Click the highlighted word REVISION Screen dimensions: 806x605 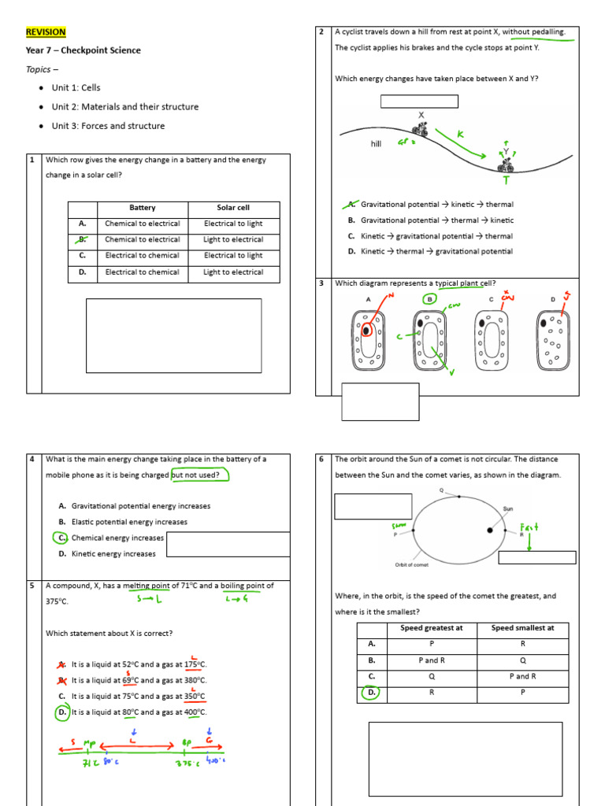(x=46, y=32)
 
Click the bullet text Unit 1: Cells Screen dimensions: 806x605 (x=76, y=88)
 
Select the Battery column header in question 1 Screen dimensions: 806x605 (x=142, y=208)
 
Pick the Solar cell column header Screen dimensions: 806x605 (x=233, y=208)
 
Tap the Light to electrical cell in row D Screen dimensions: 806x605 (x=233, y=272)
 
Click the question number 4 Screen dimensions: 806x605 (x=32, y=460)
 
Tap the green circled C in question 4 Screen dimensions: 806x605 (x=61, y=538)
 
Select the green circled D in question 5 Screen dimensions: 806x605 (x=61, y=712)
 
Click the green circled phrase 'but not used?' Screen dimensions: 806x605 (x=199, y=475)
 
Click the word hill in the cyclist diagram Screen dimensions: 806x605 (x=376, y=145)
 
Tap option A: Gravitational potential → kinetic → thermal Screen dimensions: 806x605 (x=429, y=205)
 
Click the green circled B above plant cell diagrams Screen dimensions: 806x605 (x=429, y=299)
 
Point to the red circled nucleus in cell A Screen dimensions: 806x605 (x=366, y=331)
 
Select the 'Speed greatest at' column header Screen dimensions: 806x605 (x=431, y=628)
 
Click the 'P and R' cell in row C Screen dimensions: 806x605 (x=524, y=677)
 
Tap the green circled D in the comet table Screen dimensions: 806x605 (x=370, y=693)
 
